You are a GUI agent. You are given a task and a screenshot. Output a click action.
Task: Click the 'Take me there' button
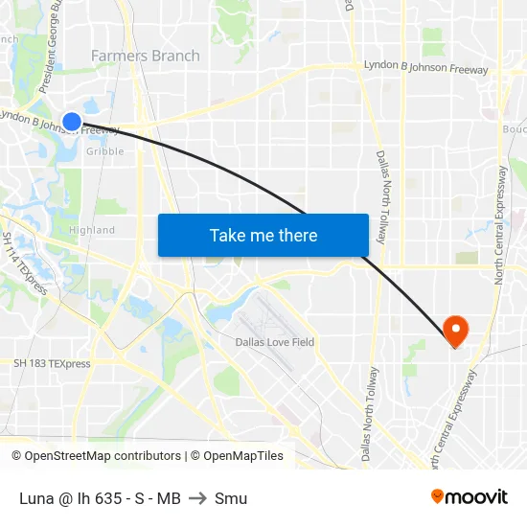click(263, 235)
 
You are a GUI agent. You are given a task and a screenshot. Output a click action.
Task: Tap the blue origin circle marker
click(72, 121)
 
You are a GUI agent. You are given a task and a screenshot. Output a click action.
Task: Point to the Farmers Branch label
click(146, 56)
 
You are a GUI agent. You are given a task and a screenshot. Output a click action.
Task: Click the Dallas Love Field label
click(275, 342)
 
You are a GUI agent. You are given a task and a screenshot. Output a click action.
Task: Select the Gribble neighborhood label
click(105, 151)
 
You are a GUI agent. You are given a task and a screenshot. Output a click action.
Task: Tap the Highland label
click(92, 230)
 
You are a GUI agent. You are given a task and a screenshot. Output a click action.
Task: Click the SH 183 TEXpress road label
click(52, 364)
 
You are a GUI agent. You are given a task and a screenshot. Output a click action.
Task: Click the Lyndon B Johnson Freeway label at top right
click(425, 69)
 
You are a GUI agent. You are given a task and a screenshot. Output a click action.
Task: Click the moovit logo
click(470, 497)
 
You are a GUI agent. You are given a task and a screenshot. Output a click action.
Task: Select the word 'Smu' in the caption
click(231, 498)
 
